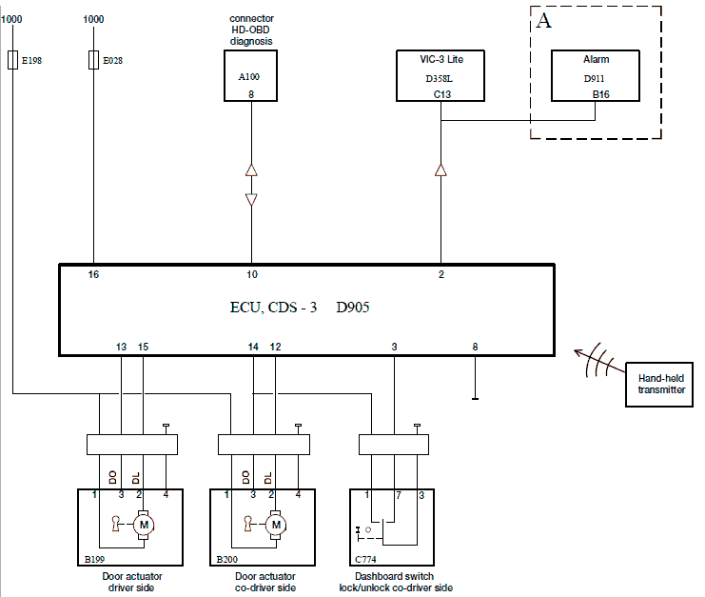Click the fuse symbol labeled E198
(12, 59)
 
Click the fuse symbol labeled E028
(93, 59)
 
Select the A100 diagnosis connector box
(251, 75)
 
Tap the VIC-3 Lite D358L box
(441, 75)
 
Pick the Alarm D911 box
(596, 75)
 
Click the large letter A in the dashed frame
(544, 21)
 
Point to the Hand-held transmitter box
(659, 385)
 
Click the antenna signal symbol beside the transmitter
(598, 361)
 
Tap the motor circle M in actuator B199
(144, 525)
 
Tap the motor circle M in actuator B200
(276, 525)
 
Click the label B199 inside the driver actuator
(94, 559)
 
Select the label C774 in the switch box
(365, 559)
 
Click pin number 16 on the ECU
(93, 274)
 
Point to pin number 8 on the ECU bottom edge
(476, 347)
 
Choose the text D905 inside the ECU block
(353, 308)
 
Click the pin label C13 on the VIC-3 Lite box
(442, 94)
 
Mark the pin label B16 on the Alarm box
(600, 94)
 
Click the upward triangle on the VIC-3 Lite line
(441, 170)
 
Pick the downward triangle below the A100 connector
(251, 200)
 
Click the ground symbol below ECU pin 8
(476, 399)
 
